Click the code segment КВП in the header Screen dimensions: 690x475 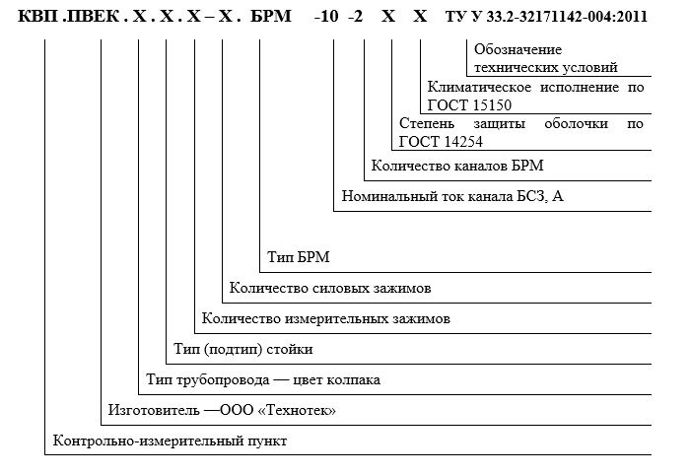click(x=37, y=17)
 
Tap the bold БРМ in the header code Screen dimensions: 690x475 click(x=271, y=17)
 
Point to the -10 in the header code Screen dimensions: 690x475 click(x=326, y=17)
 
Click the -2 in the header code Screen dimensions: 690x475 click(x=356, y=17)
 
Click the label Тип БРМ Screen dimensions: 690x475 click(x=299, y=257)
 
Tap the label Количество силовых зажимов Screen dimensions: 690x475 click(x=330, y=288)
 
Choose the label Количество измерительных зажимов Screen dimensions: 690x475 click(x=326, y=318)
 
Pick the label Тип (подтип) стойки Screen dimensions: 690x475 click(x=243, y=349)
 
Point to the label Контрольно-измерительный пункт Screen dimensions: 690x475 click(x=170, y=441)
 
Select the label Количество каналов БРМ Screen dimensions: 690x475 click(x=457, y=166)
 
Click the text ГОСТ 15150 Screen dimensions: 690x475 click(x=469, y=105)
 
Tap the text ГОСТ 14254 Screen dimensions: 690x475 click(x=441, y=142)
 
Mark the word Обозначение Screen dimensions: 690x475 click(x=517, y=49)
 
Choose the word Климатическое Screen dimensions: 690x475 click(x=479, y=87)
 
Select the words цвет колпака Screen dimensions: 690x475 click(x=337, y=379)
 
